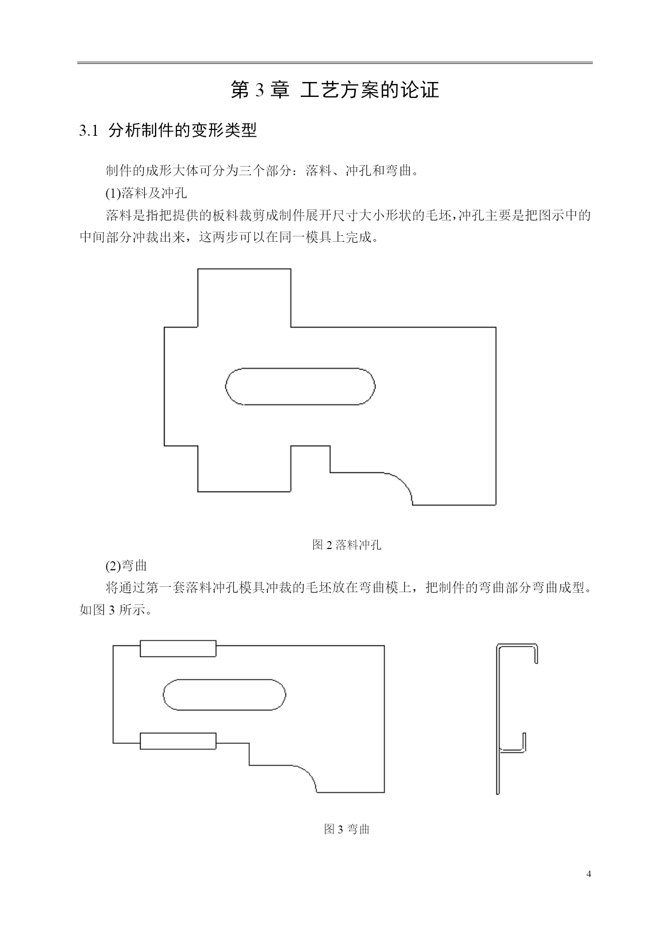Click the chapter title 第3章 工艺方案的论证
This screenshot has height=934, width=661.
click(334, 90)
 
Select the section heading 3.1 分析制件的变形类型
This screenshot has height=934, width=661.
click(168, 130)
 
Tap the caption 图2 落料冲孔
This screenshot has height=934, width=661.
click(346, 545)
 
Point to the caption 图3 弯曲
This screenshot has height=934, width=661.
click(346, 829)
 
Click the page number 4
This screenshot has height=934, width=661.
click(589, 874)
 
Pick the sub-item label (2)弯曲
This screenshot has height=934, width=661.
click(126, 565)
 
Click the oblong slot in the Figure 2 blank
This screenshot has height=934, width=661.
click(300, 368)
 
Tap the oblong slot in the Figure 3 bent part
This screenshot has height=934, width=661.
click(224, 679)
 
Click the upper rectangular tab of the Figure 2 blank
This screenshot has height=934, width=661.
click(244, 269)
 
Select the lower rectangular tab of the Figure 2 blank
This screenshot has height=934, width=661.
click(244, 491)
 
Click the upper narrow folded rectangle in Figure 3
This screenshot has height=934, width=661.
click(178, 641)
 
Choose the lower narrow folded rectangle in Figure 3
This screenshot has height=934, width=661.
click(178, 734)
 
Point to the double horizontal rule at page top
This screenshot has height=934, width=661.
click(334, 63)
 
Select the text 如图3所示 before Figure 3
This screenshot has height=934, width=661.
click(116, 610)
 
